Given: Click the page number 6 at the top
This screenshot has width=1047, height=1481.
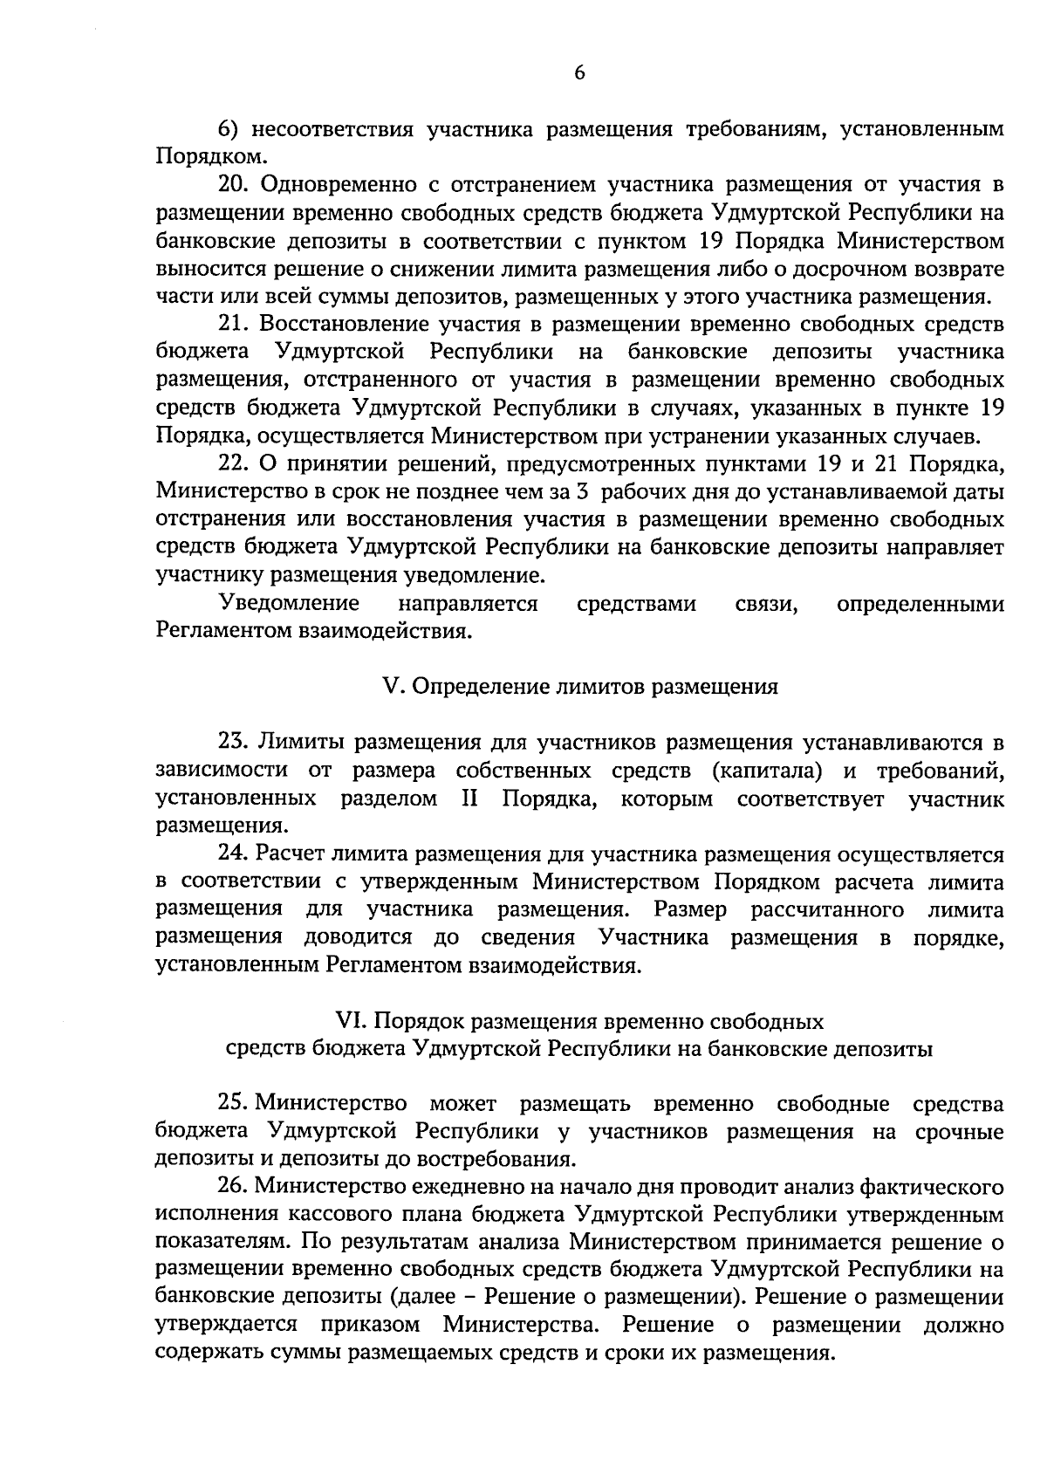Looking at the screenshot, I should coord(579,74).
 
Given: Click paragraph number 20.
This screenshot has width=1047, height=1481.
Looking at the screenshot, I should coord(233,186).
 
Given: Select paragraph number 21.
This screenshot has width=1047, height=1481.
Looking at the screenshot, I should coord(233,325).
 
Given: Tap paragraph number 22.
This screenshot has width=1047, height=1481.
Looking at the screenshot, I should coord(233,463).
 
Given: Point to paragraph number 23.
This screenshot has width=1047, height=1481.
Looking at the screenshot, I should coord(233,743).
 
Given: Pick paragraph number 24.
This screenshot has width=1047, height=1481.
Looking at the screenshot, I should coord(233,854).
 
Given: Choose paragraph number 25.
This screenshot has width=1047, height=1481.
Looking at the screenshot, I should coord(233,1105).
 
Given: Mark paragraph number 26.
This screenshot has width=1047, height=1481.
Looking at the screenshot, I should coord(233,1188).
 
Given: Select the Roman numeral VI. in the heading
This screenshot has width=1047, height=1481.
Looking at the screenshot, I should coord(352,1021).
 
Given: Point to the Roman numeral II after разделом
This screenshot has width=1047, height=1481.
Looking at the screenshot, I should coord(469,799).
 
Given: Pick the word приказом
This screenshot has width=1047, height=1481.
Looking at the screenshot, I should coord(371,1327).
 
